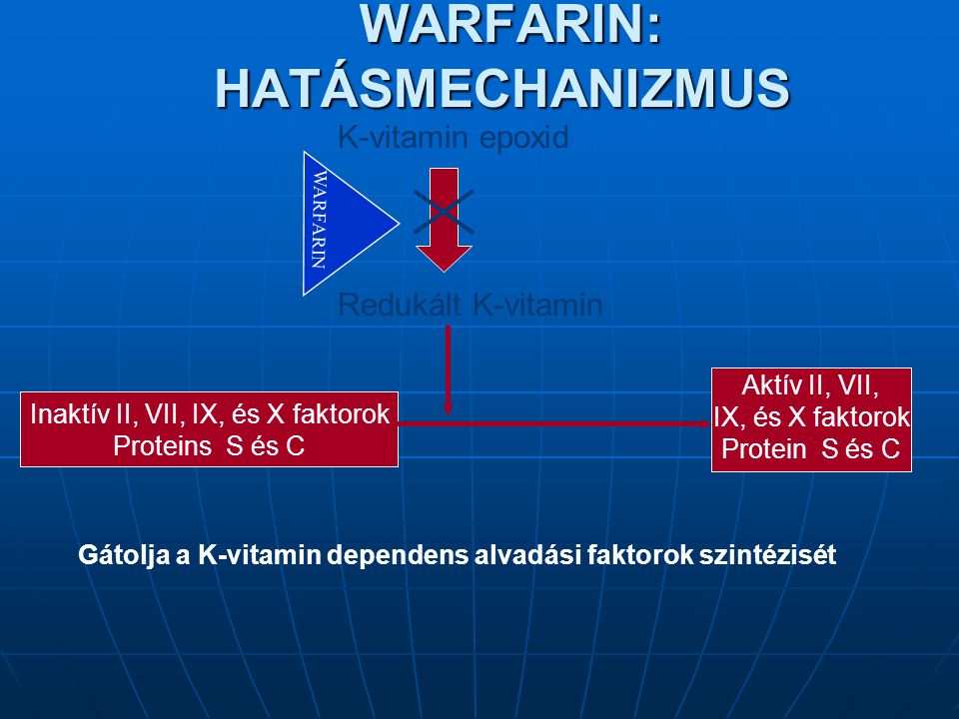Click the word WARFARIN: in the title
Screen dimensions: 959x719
[x=510, y=23]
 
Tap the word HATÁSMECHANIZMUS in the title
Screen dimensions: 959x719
[x=502, y=88]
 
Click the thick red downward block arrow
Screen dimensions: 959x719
[x=444, y=220]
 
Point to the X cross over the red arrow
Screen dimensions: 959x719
[x=444, y=212]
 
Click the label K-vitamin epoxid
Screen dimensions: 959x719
[x=454, y=137]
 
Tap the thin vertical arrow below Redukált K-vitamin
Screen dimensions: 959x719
[x=449, y=369]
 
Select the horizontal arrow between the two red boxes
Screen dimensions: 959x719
[x=554, y=423]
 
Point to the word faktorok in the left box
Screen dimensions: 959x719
[x=341, y=413]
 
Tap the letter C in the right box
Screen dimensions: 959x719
[x=890, y=448]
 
